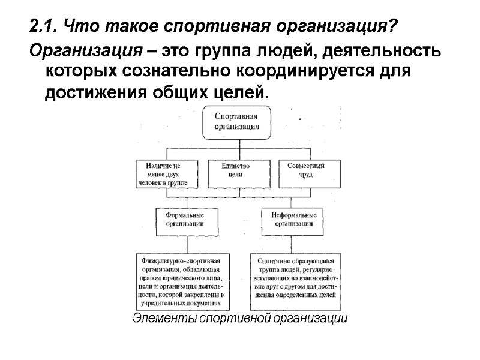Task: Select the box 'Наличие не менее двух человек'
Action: point(163,173)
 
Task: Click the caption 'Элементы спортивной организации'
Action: point(239,318)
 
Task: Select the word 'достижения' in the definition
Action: point(89,94)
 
